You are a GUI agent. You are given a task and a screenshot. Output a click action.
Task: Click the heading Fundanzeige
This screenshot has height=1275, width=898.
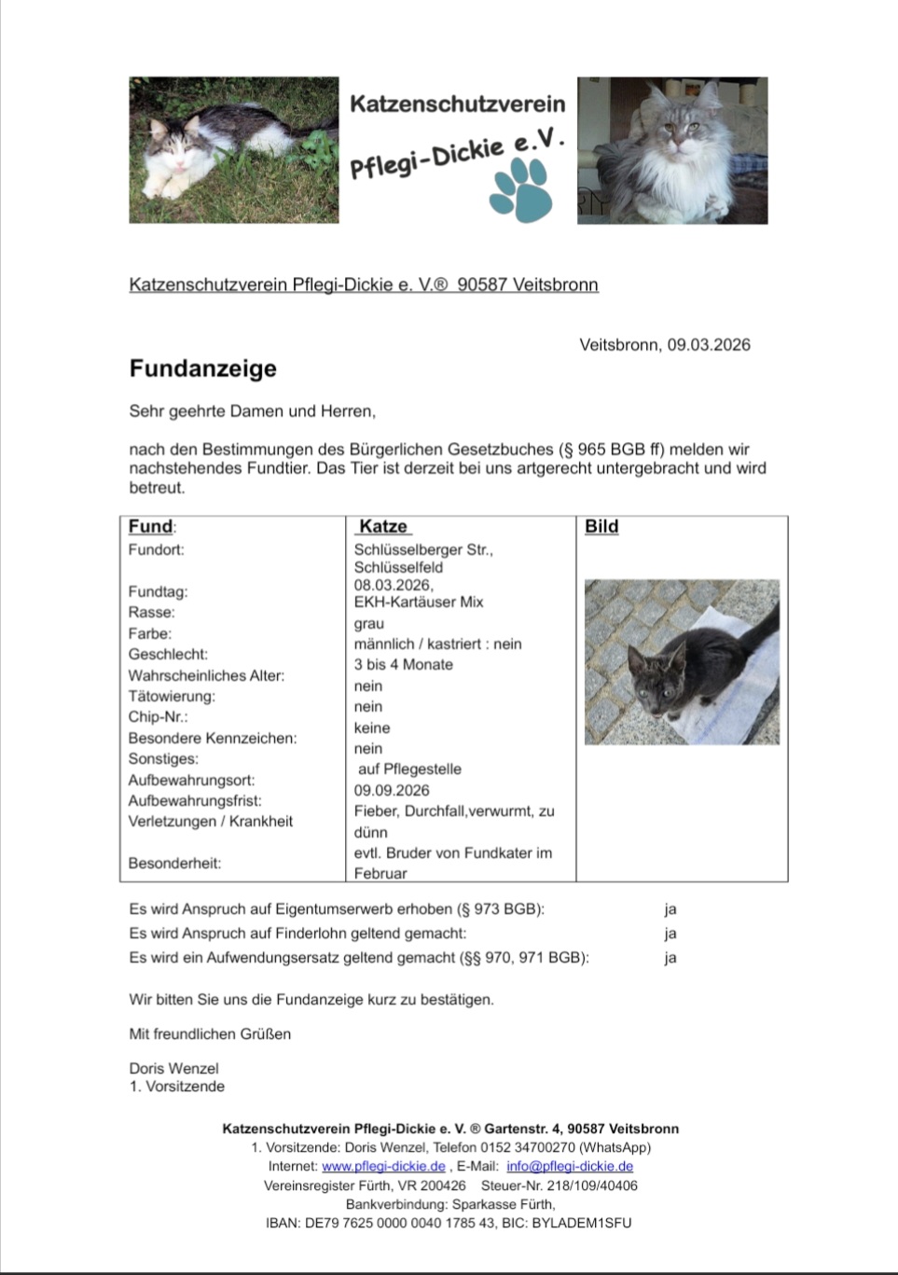[202, 368]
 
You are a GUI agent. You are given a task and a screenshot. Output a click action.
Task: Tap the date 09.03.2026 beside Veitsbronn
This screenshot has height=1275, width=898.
[708, 345]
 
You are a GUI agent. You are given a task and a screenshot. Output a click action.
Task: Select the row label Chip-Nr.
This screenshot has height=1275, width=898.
[158, 717]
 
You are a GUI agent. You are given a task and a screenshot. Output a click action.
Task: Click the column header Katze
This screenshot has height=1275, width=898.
[383, 527]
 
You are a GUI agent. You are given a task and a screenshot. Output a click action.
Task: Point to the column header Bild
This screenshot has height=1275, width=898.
[601, 527]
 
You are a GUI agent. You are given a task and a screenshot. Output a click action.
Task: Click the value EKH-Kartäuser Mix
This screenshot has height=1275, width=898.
[418, 603]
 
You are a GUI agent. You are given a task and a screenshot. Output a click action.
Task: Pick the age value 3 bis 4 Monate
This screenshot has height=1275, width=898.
[403, 665]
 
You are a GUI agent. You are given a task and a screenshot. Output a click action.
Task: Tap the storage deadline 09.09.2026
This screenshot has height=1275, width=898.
[392, 791]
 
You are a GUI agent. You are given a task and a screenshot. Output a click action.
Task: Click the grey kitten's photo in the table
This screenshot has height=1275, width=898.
[681, 662]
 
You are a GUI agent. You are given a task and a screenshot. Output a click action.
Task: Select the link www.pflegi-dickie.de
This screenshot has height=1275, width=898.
[383, 1167]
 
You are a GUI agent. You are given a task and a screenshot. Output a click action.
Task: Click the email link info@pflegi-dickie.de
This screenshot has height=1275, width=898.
[570, 1167]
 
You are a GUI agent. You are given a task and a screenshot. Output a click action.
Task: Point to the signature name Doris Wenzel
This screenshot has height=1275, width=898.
[173, 1069]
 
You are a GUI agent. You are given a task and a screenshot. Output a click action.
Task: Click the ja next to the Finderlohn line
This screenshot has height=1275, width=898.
[670, 934]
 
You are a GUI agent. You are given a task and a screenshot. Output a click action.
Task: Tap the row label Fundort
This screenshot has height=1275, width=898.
[156, 550]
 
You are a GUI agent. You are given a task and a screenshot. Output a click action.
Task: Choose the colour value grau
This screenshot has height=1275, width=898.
[368, 624]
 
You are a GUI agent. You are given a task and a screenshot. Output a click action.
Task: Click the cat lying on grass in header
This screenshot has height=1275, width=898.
[233, 150]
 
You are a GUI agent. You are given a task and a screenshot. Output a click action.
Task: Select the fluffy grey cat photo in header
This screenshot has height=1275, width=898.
[671, 150]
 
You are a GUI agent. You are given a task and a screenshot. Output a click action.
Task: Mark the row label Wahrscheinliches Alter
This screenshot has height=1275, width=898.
[206, 675]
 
